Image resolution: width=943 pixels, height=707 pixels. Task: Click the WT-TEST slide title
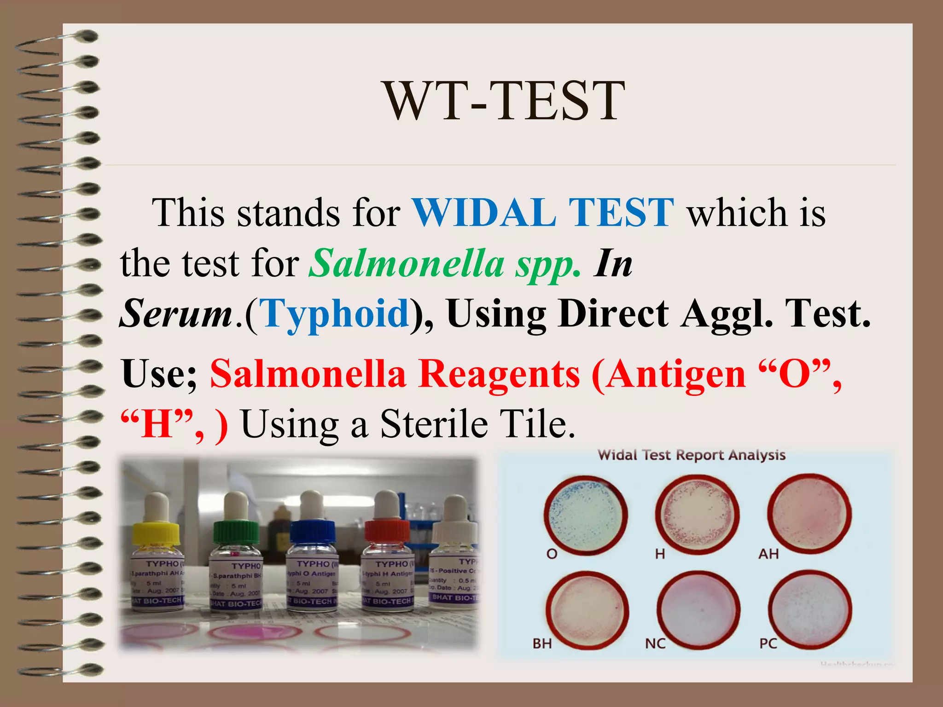pyautogui.click(x=505, y=101)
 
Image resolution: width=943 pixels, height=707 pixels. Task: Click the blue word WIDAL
pyautogui.click(x=483, y=213)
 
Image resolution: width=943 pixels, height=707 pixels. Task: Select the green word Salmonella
pyautogui.click(x=407, y=263)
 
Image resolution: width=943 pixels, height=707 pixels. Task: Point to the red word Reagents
pyautogui.click(x=500, y=374)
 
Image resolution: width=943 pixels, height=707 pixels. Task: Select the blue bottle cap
pyautogui.click(x=313, y=532)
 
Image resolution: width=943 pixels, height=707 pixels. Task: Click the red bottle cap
pyautogui.click(x=387, y=532)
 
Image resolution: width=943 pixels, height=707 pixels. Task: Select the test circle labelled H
pyautogui.click(x=697, y=514)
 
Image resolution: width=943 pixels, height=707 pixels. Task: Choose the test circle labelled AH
pyautogui.click(x=809, y=514)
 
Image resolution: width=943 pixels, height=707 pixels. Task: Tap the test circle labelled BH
pyautogui.click(x=587, y=608)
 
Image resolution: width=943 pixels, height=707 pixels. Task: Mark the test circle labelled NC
pyautogui.click(x=698, y=608)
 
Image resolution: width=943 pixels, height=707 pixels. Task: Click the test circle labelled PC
pyautogui.click(x=809, y=608)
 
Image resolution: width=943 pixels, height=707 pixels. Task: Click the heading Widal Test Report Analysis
pyautogui.click(x=691, y=455)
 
